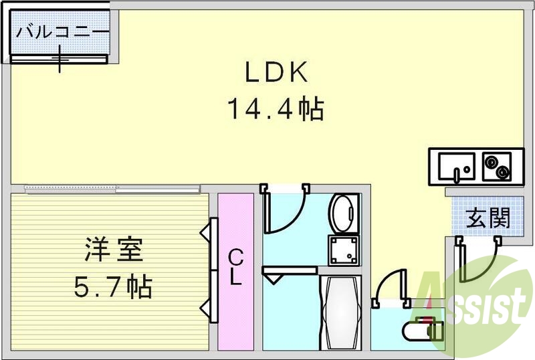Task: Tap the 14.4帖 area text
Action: click(x=276, y=108)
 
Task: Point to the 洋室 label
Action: click(x=114, y=252)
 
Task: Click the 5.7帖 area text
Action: click(x=114, y=288)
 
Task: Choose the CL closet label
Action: click(x=235, y=268)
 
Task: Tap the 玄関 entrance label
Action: click(x=488, y=218)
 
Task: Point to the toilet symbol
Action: click(x=421, y=330)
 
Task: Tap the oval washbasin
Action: click(x=344, y=211)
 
